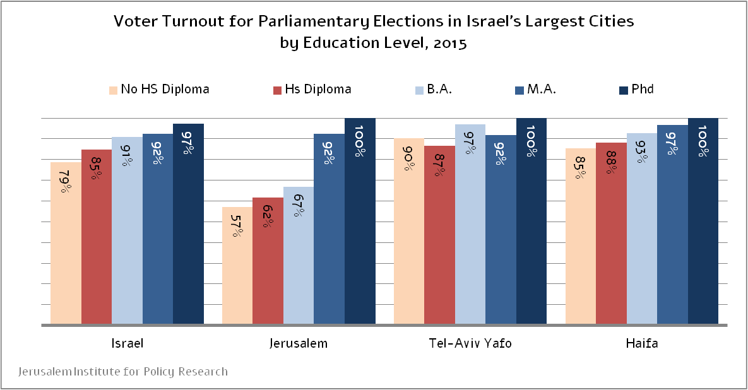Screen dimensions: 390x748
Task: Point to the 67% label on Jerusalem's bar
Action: click(x=298, y=204)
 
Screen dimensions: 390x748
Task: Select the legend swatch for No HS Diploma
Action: click(x=113, y=90)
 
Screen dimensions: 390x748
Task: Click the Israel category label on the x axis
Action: click(x=127, y=344)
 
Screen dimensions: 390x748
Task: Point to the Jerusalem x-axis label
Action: click(x=299, y=344)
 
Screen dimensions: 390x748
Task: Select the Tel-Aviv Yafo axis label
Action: click(x=470, y=344)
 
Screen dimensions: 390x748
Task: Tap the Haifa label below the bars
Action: click(x=641, y=344)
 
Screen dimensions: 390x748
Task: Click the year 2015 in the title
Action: click(x=450, y=44)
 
